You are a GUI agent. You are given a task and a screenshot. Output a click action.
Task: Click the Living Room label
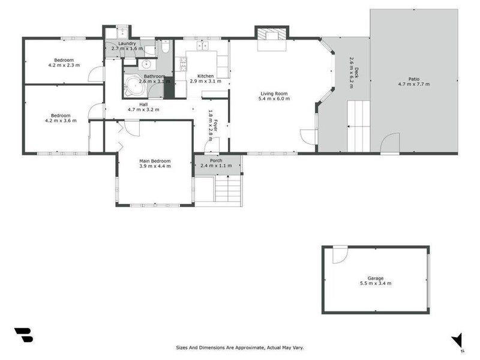pos(274,94)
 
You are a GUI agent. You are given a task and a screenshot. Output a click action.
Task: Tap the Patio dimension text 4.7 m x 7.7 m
pos(414,84)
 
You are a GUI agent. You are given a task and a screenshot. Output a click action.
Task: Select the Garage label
pos(376,278)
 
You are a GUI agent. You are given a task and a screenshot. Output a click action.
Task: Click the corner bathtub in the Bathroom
pos(134,86)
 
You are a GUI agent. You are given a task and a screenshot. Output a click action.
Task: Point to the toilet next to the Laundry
pos(166,47)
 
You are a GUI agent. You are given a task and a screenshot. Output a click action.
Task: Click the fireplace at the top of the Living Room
pos(272,35)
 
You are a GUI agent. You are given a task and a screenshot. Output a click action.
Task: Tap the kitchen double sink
pos(202,46)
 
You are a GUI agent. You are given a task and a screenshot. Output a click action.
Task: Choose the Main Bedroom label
pos(155,161)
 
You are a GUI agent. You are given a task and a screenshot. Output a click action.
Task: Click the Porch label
pos(216,160)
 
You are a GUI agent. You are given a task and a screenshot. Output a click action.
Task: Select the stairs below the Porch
pos(228,188)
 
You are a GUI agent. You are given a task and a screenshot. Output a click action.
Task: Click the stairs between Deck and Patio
pos(358,126)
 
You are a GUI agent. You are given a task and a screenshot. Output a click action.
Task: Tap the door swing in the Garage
pos(340,254)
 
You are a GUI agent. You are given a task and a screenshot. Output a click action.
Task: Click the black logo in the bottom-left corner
pos(24,335)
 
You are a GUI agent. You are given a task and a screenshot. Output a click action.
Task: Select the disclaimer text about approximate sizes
pos(239,347)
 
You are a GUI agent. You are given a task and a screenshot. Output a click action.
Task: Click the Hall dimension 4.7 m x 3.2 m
pos(143,110)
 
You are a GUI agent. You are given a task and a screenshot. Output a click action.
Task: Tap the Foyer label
pos(216,125)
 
